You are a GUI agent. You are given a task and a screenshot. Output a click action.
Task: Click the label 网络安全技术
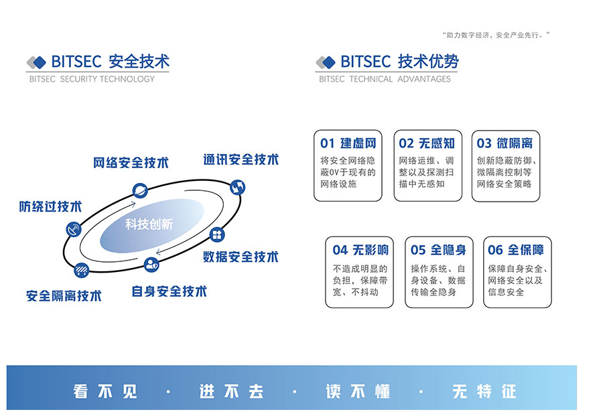131,163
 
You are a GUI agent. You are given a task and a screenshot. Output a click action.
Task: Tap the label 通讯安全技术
241,159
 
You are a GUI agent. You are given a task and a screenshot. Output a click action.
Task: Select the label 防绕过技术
50,206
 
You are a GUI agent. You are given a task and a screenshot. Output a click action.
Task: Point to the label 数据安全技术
241,257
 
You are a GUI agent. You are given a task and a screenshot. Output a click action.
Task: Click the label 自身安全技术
170,291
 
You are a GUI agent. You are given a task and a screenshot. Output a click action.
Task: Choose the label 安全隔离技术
64,295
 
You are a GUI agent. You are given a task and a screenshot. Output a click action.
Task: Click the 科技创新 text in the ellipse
149,224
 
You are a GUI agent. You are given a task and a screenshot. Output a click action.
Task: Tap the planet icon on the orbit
140,190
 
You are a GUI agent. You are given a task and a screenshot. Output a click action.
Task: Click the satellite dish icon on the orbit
74,230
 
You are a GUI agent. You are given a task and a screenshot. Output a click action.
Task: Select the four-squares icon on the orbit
217,234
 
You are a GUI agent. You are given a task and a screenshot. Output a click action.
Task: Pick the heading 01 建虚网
348,143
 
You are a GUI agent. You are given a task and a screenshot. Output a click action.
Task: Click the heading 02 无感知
427,143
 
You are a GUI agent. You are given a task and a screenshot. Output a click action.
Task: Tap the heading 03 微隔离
505,143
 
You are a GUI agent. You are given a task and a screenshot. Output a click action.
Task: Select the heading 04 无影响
360,250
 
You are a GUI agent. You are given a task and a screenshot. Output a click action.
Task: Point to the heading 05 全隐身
438,250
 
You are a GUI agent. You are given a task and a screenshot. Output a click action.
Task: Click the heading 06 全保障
516,250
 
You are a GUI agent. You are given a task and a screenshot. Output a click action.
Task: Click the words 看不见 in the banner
105,391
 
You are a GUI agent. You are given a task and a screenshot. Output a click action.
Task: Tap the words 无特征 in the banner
484,391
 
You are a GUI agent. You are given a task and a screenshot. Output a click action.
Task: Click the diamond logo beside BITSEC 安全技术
36,62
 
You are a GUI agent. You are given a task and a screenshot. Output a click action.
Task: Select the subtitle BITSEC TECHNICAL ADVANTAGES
385,79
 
